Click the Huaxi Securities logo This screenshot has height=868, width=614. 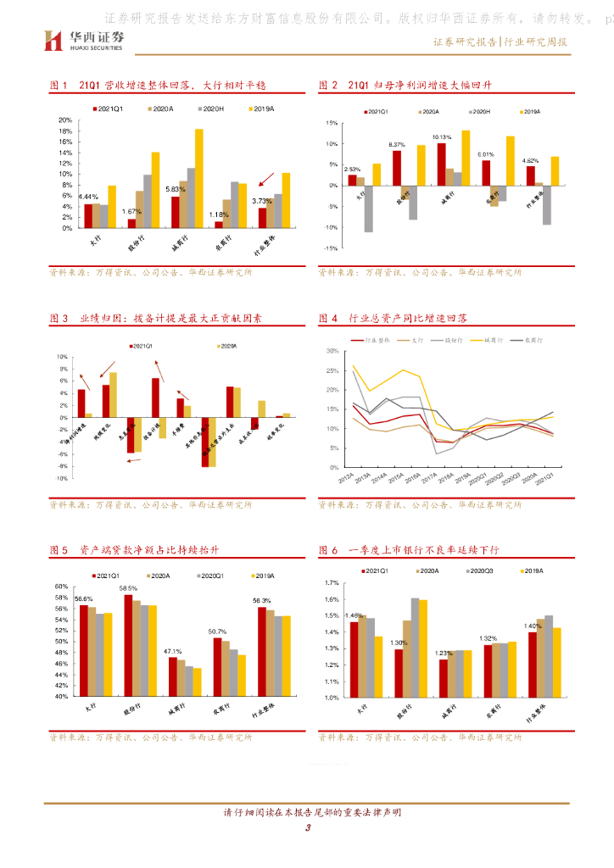point(83,40)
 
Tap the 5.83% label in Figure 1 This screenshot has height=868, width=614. point(176,189)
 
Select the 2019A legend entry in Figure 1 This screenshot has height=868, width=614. point(260,109)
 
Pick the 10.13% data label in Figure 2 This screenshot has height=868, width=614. point(441,136)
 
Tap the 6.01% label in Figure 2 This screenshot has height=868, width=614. point(486,154)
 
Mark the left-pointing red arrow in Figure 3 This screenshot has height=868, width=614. point(132,460)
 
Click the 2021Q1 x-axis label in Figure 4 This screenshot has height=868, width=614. point(550,481)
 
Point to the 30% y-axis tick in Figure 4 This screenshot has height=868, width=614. point(332,351)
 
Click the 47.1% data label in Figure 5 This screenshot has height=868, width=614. point(174,651)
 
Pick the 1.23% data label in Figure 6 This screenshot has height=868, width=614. point(443,653)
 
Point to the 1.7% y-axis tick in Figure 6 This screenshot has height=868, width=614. point(332,583)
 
